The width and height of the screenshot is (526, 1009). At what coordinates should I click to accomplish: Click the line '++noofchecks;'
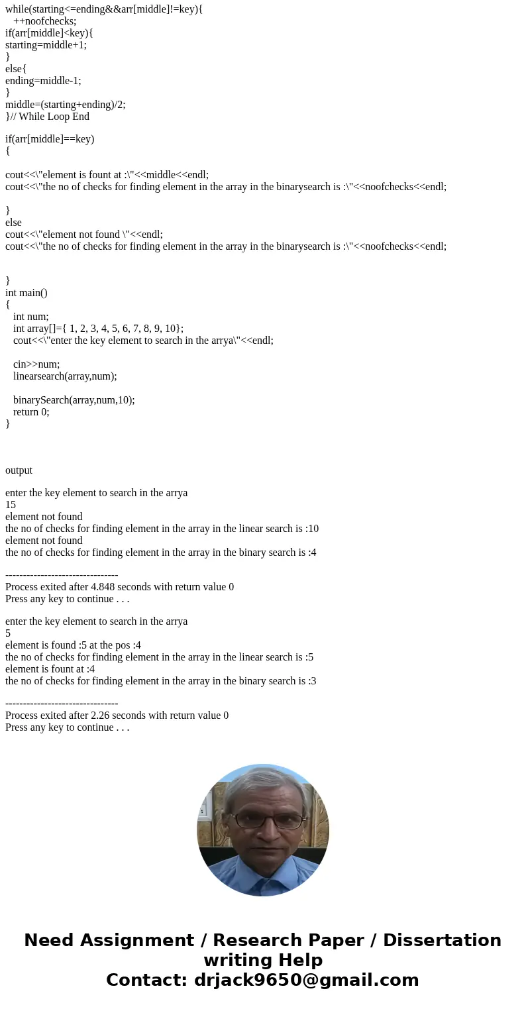tap(44, 21)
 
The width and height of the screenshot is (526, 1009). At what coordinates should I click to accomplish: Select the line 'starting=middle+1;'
tap(46, 45)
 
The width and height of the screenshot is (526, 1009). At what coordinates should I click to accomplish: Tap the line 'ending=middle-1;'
tap(43, 81)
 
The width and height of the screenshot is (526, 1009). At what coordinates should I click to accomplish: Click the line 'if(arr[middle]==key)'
tap(50, 139)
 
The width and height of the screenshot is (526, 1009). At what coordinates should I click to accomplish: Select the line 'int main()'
tap(26, 293)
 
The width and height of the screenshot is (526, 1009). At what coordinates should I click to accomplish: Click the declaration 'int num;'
tap(31, 317)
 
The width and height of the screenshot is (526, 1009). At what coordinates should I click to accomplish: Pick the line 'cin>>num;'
tap(36, 364)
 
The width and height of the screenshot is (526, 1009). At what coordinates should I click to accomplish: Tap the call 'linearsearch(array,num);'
tap(65, 376)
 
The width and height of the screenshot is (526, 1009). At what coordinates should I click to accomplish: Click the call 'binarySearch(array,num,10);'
tap(74, 400)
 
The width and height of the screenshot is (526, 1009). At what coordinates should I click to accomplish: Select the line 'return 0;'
tap(31, 412)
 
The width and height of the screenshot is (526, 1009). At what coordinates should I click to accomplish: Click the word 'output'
tap(19, 470)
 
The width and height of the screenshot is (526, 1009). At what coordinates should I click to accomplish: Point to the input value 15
tap(11, 505)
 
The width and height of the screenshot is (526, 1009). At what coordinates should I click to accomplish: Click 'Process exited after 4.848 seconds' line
tap(119, 587)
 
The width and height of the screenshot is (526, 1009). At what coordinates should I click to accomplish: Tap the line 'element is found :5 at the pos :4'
tap(73, 645)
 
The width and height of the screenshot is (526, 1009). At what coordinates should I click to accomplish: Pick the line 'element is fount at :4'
tap(50, 669)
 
